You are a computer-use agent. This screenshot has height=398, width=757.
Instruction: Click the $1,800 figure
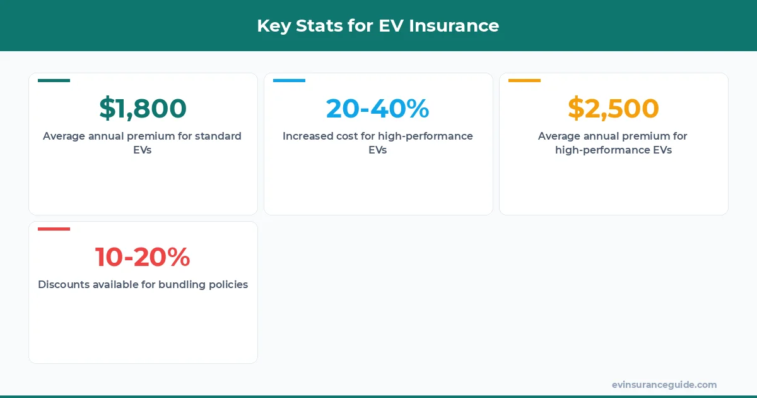pyautogui.click(x=143, y=109)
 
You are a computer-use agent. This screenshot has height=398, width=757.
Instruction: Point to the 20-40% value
pyautogui.click(x=378, y=109)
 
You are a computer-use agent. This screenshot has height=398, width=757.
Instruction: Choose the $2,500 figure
pyautogui.click(x=613, y=109)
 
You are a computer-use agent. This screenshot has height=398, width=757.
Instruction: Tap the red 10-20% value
pyautogui.click(x=143, y=257)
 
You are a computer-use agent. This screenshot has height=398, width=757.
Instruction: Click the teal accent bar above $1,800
pyautogui.click(x=54, y=81)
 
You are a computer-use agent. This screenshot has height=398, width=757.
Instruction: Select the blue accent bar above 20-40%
pyautogui.click(x=289, y=81)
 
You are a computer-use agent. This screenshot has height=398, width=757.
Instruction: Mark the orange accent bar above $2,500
pyautogui.click(x=524, y=81)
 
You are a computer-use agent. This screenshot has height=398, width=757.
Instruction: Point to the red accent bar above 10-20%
pyautogui.click(x=54, y=229)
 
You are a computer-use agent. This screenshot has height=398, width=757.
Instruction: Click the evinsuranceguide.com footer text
pyautogui.click(x=664, y=385)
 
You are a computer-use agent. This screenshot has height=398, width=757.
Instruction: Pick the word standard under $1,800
pyautogui.click(x=218, y=136)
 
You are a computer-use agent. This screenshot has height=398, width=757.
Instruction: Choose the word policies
pyautogui.click(x=228, y=285)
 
